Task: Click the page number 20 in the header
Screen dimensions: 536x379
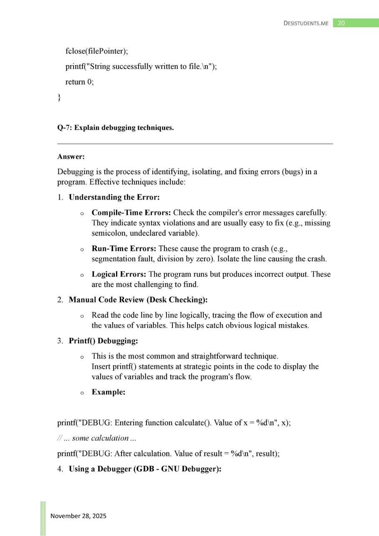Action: pos(341,23)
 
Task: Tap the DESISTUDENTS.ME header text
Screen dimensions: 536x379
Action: pos(306,23)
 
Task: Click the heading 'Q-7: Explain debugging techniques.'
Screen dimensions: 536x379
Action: pos(115,128)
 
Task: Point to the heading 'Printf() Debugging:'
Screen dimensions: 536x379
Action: pos(103,340)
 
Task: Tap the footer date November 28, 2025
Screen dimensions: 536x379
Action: pos(78,516)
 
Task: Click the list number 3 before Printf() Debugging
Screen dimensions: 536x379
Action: pos(60,340)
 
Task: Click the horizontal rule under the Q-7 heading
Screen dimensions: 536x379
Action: pos(195,144)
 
